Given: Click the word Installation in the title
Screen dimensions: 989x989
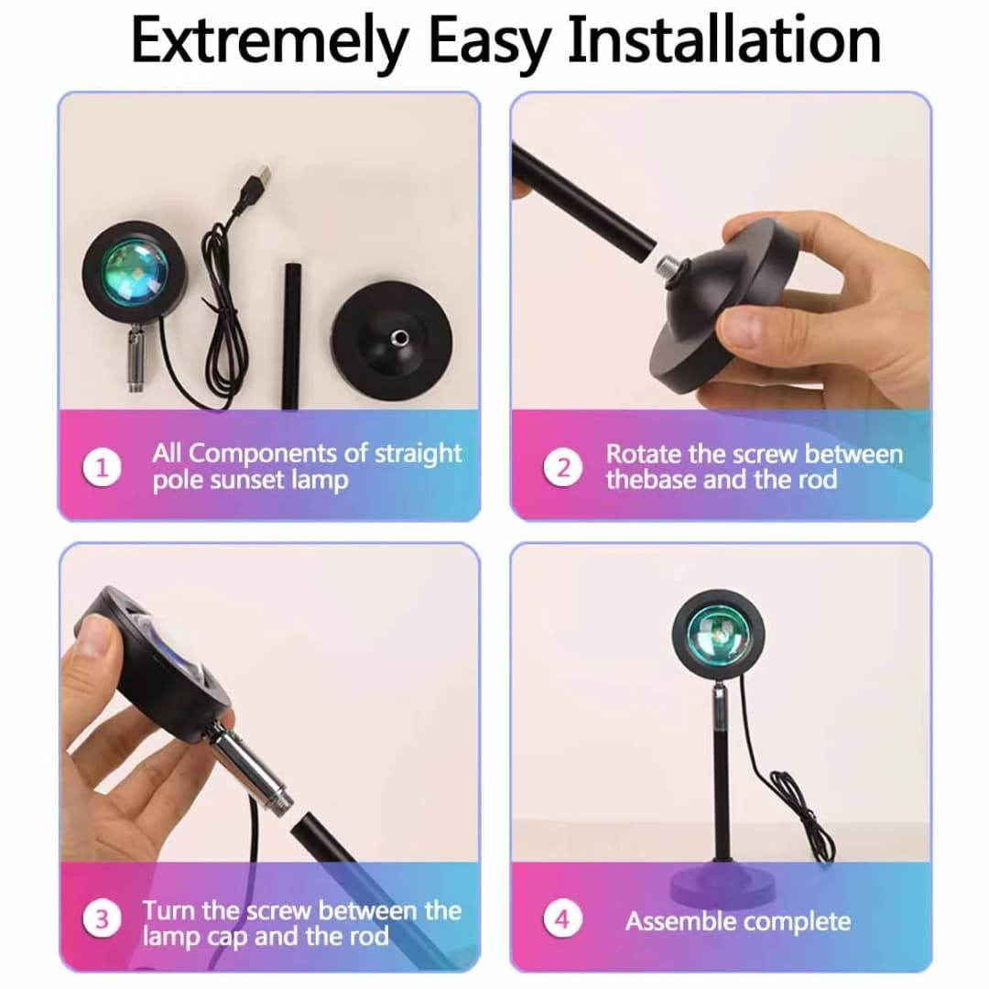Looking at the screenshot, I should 723,41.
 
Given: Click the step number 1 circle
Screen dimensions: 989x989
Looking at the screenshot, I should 102,468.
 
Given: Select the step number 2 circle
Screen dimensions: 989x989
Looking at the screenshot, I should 562,468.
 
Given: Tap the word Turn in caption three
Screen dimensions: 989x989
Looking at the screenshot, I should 169,910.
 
